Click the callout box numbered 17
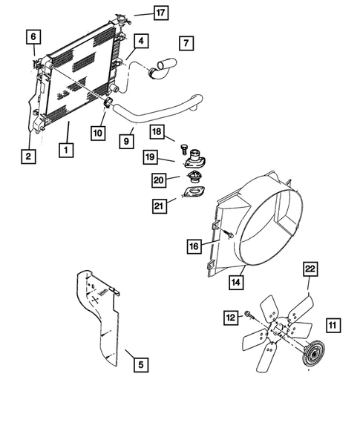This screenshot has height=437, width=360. click(160, 13)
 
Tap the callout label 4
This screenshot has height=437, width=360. click(140, 41)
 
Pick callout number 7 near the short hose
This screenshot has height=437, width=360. click(186, 43)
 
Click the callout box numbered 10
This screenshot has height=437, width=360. click(98, 133)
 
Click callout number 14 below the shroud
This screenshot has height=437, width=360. click(236, 281)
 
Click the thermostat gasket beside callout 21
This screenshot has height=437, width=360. click(194, 197)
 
